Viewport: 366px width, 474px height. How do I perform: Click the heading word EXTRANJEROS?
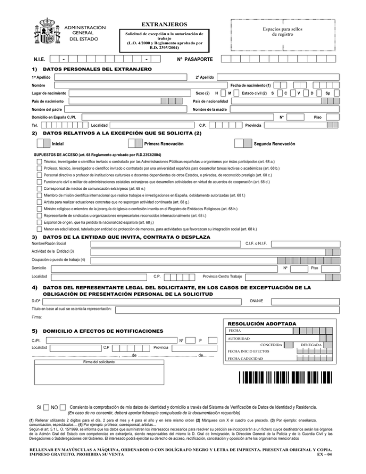[164, 24]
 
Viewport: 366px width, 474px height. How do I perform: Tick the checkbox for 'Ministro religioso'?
[40, 209]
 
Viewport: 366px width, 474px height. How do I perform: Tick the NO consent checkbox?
[63, 407]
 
